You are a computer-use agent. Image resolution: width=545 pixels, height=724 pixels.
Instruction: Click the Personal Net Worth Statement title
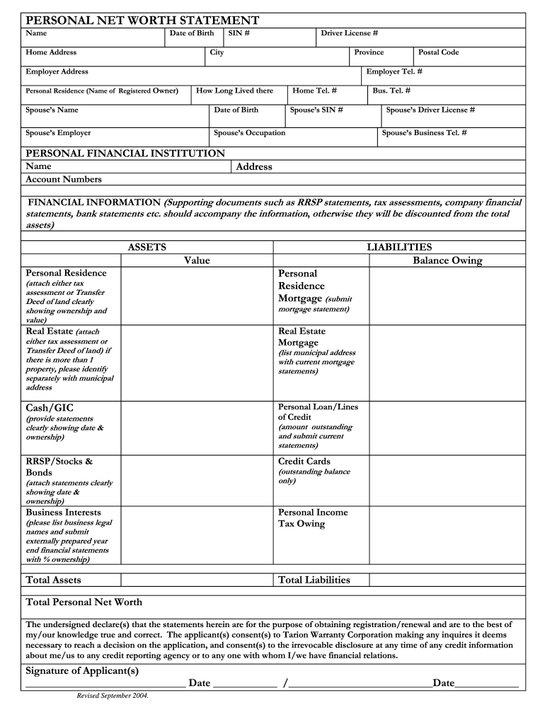[x=142, y=21]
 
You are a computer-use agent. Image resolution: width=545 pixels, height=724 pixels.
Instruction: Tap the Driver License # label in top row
[x=349, y=33]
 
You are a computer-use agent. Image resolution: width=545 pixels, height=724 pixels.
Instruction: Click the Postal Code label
[x=438, y=52]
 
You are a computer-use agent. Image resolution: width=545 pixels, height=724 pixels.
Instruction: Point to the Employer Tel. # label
[x=394, y=71]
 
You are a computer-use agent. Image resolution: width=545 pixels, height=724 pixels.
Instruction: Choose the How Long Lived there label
[x=234, y=90]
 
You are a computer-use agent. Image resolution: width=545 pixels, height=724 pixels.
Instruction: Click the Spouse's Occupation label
[x=250, y=133]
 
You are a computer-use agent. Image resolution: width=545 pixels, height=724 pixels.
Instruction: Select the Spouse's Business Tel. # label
[x=424, y=133]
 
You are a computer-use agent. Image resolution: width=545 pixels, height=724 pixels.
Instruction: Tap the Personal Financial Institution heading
[x=125, y=153]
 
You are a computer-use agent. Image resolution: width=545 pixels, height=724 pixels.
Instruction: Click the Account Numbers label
[x=64, y=180]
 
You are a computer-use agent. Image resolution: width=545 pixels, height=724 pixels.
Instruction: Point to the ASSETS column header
[x=147, y=247]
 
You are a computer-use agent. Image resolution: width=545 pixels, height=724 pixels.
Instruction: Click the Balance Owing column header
[x=447, y=260]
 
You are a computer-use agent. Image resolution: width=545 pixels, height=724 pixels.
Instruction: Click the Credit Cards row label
[x=304, y=462]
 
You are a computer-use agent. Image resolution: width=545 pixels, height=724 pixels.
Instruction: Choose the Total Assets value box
[x=197, y=580]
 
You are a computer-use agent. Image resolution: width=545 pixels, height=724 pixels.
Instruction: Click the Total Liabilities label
[x=314, y=580]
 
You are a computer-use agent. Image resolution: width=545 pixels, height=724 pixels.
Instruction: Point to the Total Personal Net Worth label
[x=84, y=602]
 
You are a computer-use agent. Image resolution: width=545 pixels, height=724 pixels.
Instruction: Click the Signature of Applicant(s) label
[x=82, y=670]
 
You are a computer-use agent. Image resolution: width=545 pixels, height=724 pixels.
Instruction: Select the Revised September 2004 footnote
[x=113, y=696]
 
